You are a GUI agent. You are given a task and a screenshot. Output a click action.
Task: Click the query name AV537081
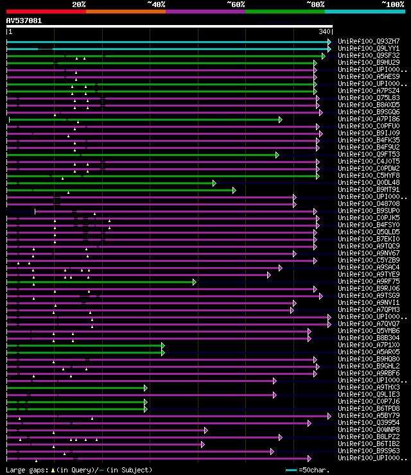point(24,21)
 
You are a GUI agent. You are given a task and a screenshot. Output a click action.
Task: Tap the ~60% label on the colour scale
point(236,4)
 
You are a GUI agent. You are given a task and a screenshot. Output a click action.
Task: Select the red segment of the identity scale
point(46,11)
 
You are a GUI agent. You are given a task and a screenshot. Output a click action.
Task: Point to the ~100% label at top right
point(392,4)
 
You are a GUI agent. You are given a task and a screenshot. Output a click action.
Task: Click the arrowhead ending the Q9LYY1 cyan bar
point(329,49)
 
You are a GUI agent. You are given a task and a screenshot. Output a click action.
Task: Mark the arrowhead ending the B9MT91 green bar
point(234,190)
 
